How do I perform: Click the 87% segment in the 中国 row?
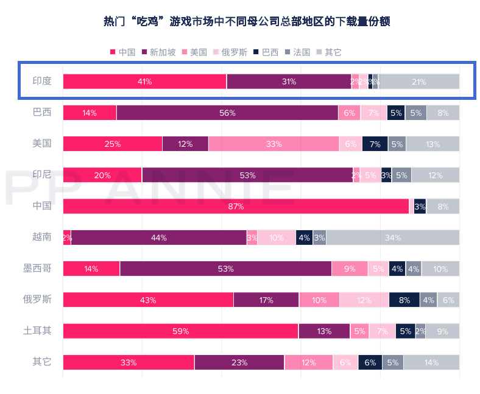(236, 206)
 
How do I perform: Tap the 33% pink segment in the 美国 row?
(274, 144)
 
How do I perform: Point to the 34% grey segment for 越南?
(392, 237)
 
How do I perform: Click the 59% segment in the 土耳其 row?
(180, 331)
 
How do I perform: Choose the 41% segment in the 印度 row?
(144, 82)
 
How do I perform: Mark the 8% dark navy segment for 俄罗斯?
(404, 300)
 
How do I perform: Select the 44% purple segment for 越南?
(158, 237)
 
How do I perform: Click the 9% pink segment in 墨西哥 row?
(350, 269)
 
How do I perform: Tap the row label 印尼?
(42, 175)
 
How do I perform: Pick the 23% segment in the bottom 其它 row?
(239, 362)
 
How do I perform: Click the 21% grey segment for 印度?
(418, 82)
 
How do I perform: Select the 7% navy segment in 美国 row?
(375, 144)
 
